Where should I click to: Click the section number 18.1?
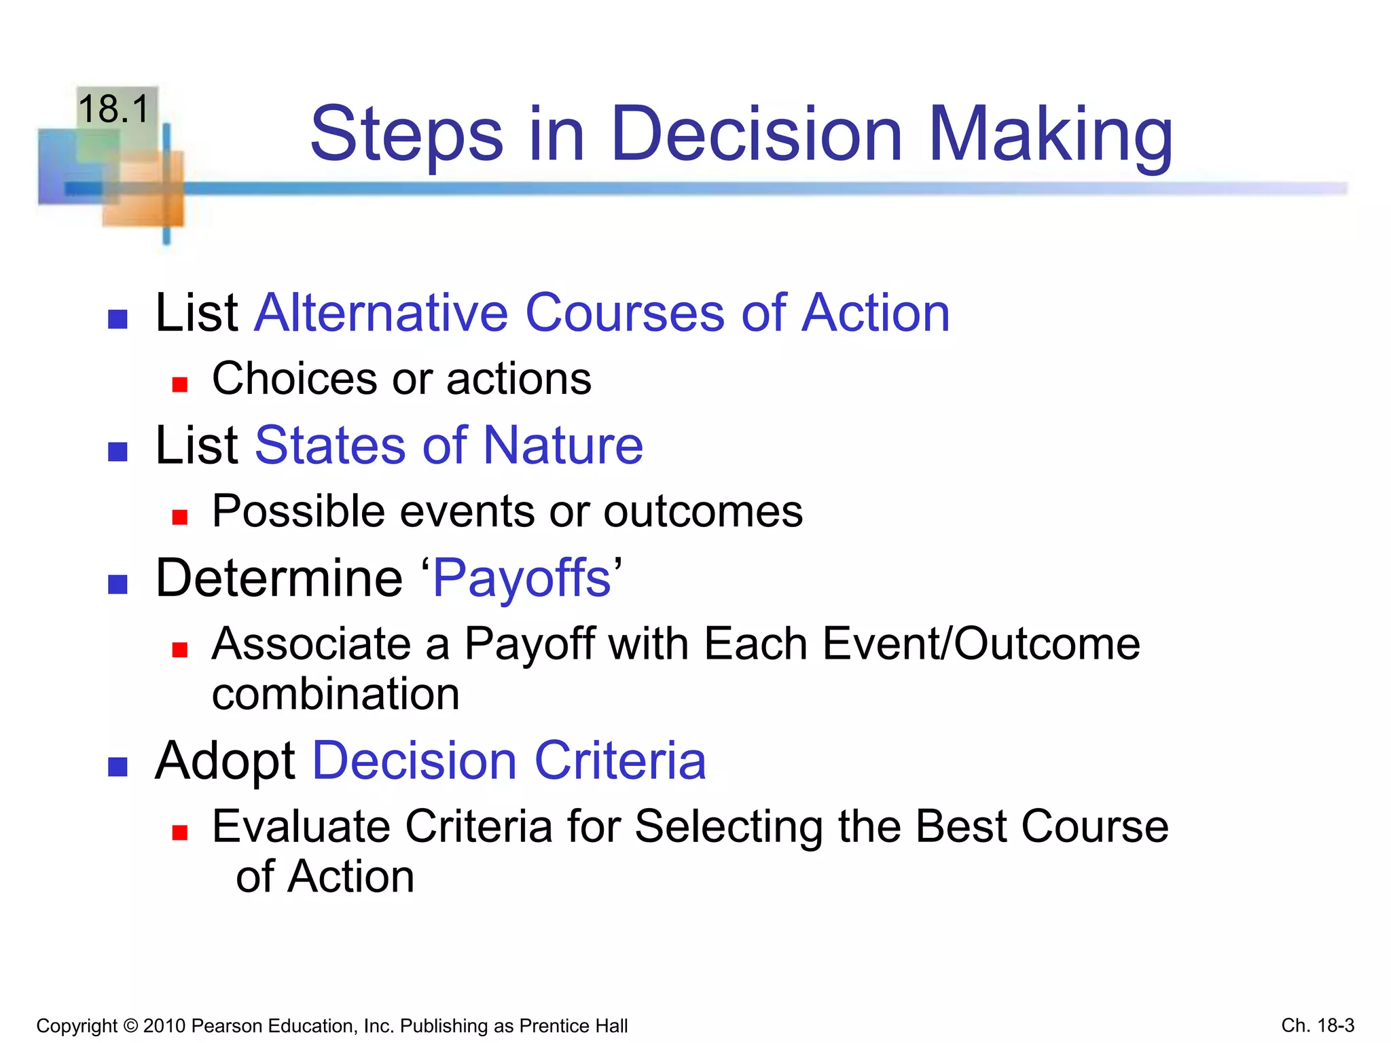pos(113,109)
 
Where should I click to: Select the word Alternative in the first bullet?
pos(380,313)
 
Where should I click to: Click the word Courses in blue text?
pos(624,313)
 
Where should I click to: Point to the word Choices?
pos(294,378)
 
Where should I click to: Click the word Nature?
pos(563,445)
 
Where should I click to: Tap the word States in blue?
pos(330,445)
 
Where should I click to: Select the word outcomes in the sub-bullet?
pos(703,511)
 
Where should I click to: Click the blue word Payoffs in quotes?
pos(522,579)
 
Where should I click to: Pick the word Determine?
pos(279,579)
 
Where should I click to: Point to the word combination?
pos(336,695)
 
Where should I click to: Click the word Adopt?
pos(225,761)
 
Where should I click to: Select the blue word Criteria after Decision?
pos(620,761)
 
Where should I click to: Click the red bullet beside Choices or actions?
pos(179,385)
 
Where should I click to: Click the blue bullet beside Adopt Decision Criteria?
pos(118,767)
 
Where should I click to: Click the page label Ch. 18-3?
pos(1317,1025)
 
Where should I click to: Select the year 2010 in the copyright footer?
pos(164,1025)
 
